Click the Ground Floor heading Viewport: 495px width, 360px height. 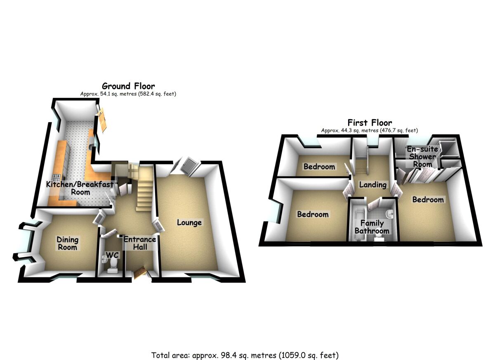128,86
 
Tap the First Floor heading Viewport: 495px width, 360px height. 370,123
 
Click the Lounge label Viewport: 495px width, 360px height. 189,223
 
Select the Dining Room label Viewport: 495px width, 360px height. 67,244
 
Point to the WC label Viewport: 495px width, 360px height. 112,256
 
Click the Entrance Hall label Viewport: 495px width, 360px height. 140,243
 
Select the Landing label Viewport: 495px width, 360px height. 372,185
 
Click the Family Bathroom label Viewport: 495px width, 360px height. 372,227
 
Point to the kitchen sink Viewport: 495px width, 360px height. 91,144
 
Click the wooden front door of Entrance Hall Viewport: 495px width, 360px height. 139,273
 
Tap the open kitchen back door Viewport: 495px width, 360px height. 102,119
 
